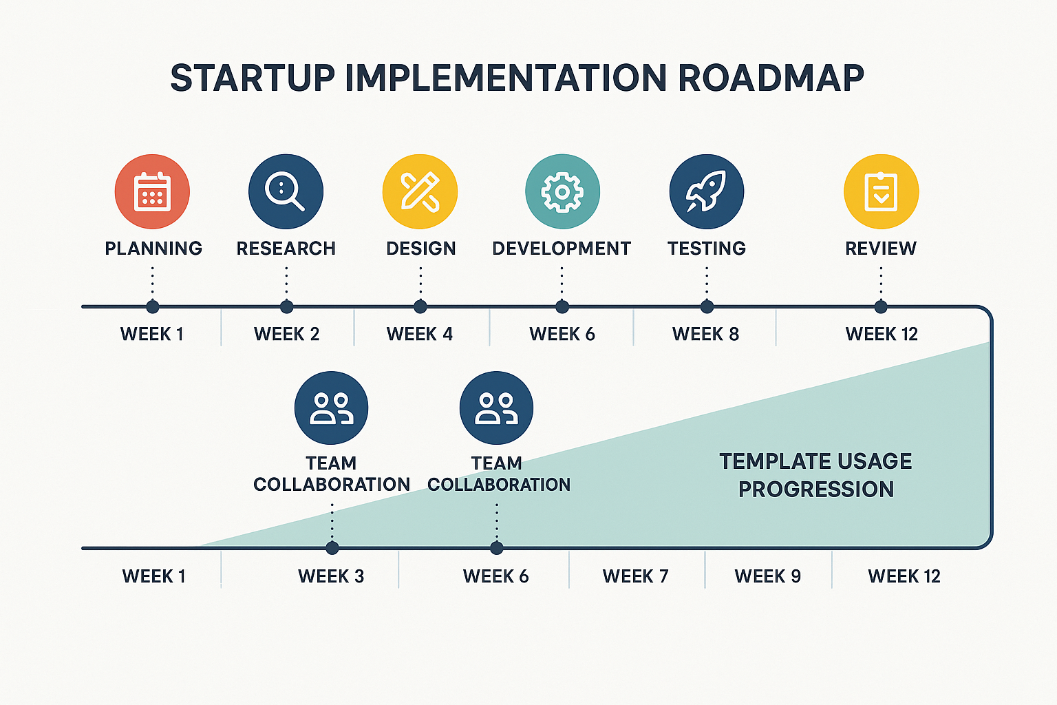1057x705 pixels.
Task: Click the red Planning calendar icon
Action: coord(152,191)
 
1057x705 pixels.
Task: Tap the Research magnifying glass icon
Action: coord(286,191)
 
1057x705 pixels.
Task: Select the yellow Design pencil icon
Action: coord(420,191)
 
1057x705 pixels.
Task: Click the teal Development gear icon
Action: coord(562,191)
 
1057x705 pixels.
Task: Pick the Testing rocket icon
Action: coord(706,191)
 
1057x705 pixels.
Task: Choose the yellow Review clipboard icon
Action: coord(881,191)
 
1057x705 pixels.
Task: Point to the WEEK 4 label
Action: coord(420,334)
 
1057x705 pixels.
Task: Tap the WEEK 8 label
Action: coord(705,334)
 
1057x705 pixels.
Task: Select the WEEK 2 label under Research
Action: coord(286,334)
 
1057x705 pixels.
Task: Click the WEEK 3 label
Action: coord(331,576)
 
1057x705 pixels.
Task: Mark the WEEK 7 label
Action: coord(635,576)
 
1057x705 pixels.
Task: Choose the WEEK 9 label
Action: coord(767,576)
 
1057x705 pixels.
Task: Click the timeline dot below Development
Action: coord(562,306)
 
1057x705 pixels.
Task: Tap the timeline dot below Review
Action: coord(881,306)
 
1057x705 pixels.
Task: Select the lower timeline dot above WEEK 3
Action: coord(332,548)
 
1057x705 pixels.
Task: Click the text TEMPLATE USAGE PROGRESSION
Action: coord(815,475)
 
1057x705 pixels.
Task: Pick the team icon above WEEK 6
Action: coord(496,408)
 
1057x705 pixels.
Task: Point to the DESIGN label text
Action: coord(420,249)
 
